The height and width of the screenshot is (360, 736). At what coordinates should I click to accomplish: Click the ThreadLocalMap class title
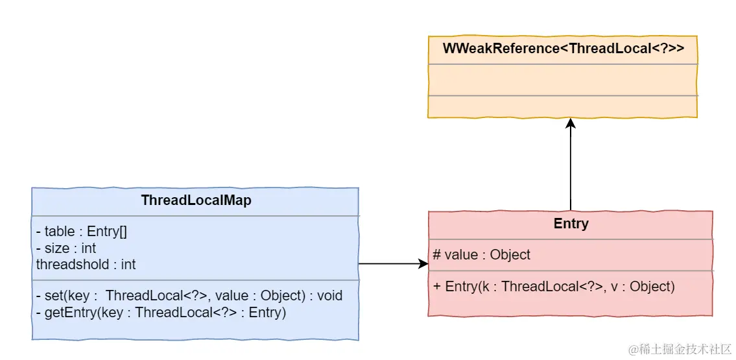[x=196, y=200]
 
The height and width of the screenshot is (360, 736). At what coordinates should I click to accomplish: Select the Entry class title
[x=571, y=224]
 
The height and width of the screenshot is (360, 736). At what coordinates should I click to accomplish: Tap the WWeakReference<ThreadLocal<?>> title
[x=564, y=49]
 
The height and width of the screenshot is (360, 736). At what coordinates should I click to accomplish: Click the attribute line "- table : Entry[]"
[x=82, y=232]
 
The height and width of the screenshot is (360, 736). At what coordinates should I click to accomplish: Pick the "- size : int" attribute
[x=66, y=248]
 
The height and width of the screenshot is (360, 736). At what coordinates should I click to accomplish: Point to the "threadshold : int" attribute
[x=86, y=264]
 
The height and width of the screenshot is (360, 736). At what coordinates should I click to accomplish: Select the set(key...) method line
[x=189, y=296]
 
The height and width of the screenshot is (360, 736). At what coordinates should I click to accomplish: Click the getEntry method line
[x=161, y=312]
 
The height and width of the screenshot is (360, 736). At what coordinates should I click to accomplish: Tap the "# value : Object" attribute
[x=482, y=254]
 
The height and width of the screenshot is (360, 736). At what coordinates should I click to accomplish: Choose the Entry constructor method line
[x=554, y=286]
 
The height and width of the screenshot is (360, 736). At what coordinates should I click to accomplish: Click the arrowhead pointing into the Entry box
[x=423, y=264]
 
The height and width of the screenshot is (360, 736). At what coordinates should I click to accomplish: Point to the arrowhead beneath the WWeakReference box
[x=570, y=123]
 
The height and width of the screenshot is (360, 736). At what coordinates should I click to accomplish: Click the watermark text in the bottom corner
[x=680, y=349]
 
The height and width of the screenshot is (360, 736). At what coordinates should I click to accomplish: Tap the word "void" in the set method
[x=330, y=296]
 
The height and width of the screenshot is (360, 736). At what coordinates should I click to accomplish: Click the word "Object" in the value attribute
[x=510, y=254]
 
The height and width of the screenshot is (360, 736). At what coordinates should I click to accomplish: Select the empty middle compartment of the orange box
[x=563, y=80]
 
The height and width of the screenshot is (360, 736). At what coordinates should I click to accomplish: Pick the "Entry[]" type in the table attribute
[x=108, y=232]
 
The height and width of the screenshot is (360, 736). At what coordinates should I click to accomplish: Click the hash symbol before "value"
[x=437, y=254]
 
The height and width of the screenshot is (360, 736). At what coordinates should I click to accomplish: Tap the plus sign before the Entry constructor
[x=437, y=286]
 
